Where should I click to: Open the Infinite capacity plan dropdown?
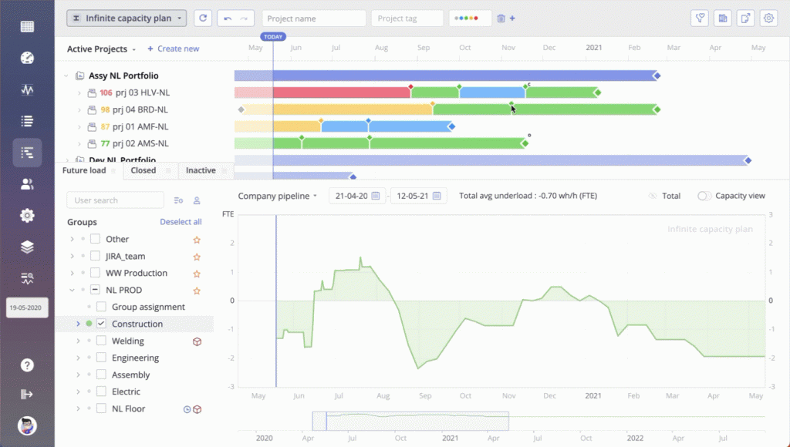127,18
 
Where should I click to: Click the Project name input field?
314,18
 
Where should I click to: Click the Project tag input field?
407,18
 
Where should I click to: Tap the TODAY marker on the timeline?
273,37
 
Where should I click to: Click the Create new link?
174,49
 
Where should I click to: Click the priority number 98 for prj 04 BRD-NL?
105,109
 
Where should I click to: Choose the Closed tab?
143,170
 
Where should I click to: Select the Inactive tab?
201,170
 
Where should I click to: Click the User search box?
116,200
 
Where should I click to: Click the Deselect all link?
181,222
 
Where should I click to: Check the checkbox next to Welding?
101,341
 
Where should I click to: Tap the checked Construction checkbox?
101,324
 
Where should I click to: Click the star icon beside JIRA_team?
197,256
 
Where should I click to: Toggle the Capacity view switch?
704,196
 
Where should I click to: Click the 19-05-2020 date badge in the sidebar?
27,307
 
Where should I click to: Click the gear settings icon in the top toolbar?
768,18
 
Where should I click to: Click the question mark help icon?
27,365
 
